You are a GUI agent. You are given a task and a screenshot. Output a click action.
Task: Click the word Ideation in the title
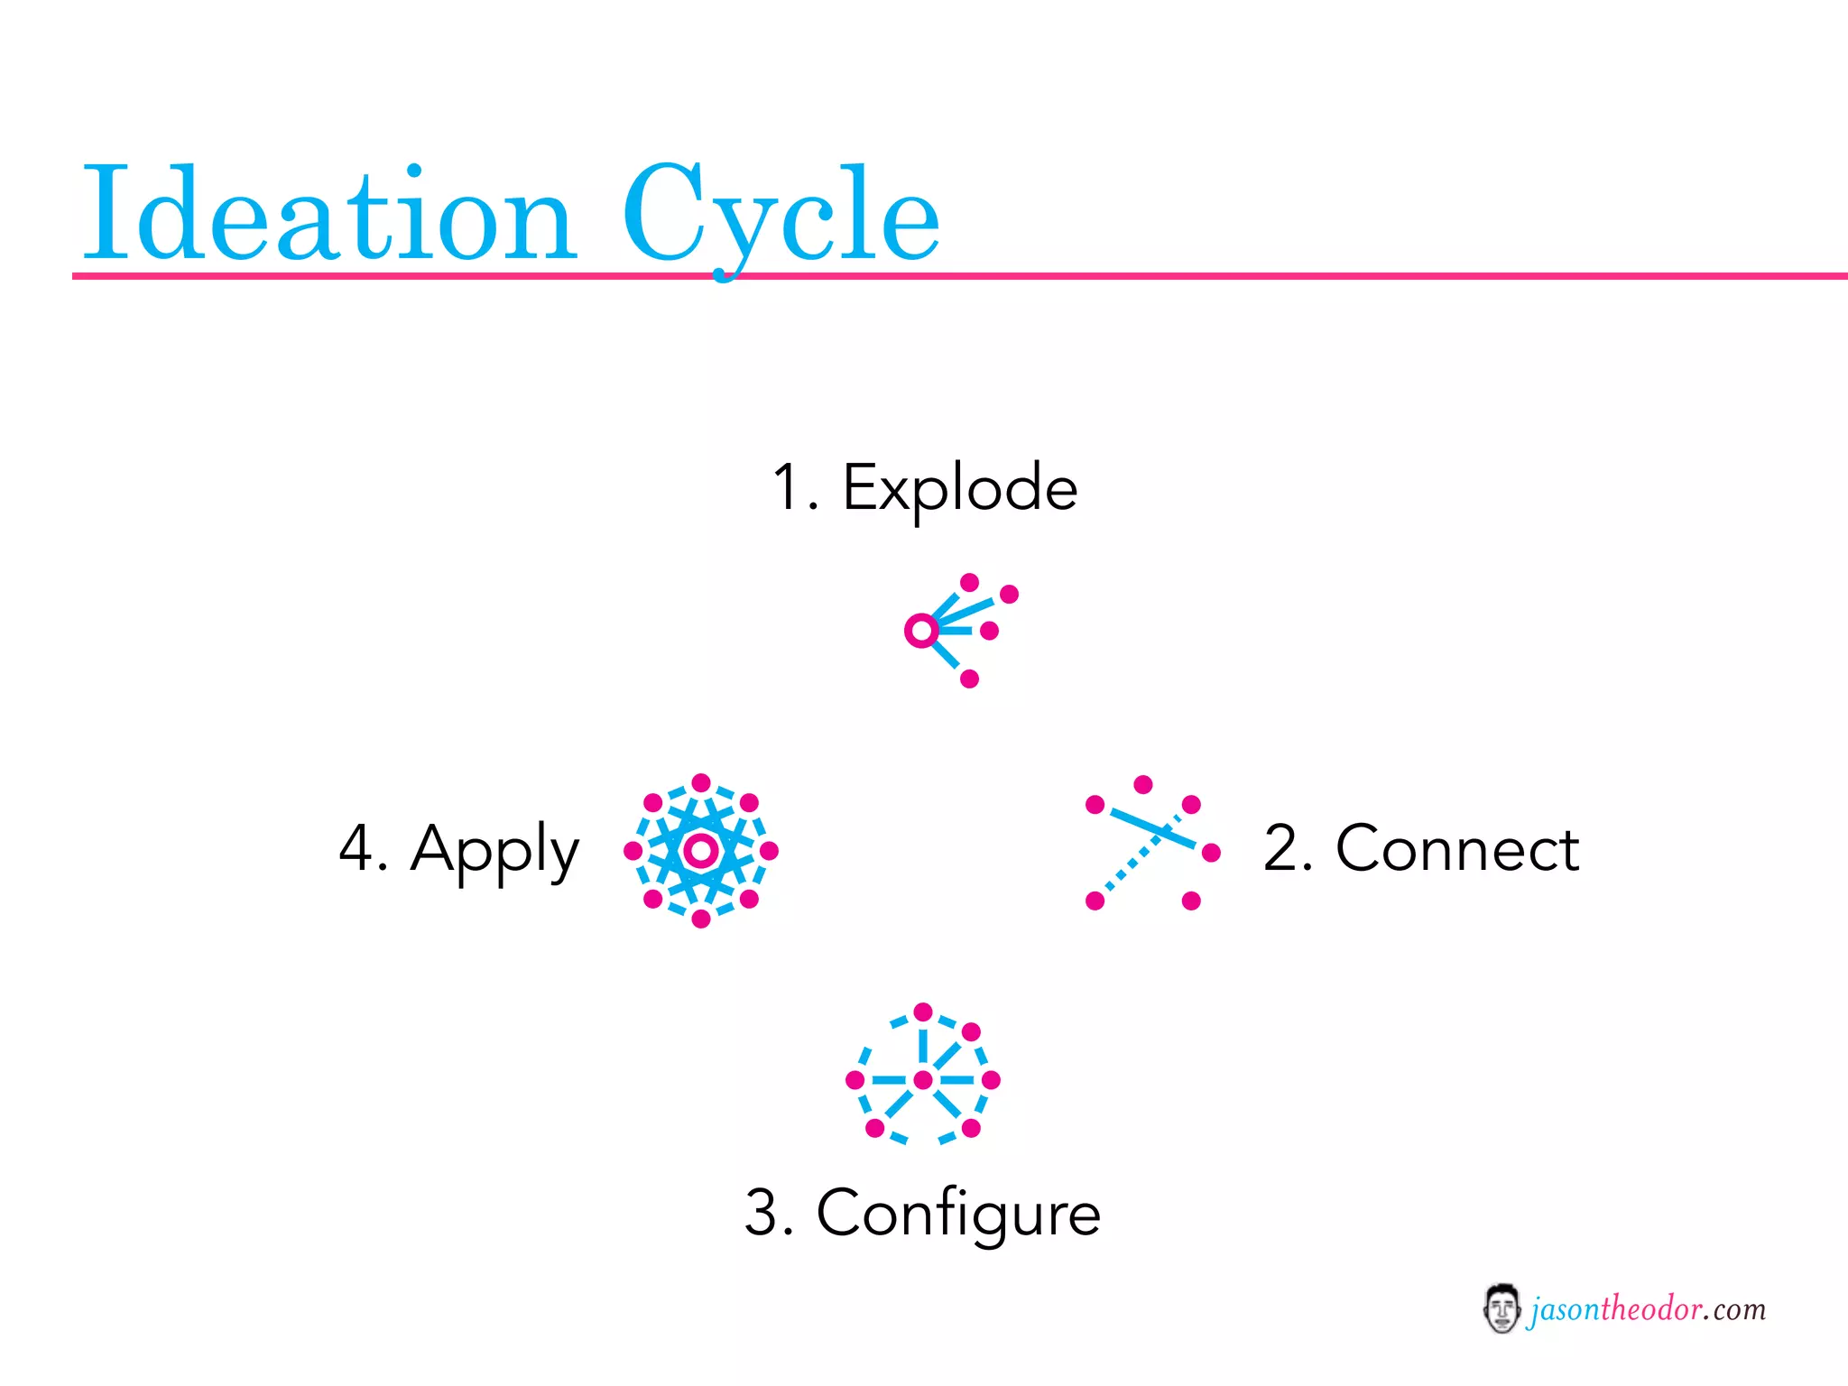pyautogui.click(x=329, y=215)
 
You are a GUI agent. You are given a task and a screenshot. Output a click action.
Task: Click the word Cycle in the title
pyautogui.click(x=781, y=215)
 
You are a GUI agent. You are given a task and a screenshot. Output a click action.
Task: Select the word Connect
pyautogui.click(x=1457, y=849)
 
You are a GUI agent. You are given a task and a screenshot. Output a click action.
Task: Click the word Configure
pyautogui.click(x=958, y=1213)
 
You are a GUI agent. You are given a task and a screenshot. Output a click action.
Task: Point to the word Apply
pyautogui.click(x=494, y=849)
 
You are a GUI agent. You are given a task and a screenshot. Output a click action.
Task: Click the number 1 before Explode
pyautogui.click(x=787, y=488)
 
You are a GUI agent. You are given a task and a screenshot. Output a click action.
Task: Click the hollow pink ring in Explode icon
pyautogui.click(x=921, y=631)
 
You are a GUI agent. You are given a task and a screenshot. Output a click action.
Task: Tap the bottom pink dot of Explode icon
pyautogui.click(x=970, y=679)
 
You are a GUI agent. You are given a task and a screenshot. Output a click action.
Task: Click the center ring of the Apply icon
pyautogui.click(x=701, y=850)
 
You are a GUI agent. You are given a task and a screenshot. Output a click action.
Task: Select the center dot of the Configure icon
pyautogui.click(x=923, y=1079)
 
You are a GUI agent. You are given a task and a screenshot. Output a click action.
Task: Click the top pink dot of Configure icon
pyautogui.click(x=923, y=1012)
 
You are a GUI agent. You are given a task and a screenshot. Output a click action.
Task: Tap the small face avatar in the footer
pyautogui.click(x=1501, y=1308)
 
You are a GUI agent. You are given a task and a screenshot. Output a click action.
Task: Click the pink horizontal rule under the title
pyautogui.click(x=1263, y=275)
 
